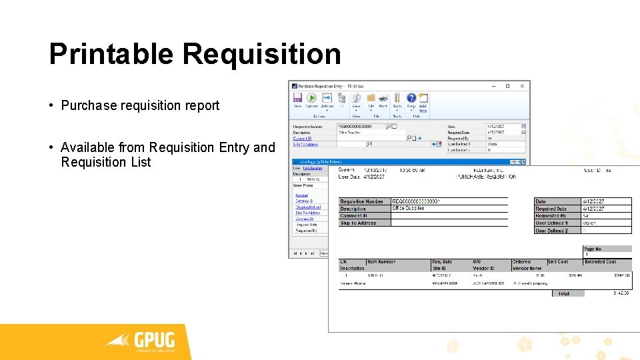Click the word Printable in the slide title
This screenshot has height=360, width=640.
111,54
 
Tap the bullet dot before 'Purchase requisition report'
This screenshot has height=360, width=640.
51,105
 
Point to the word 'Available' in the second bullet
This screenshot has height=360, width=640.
87,147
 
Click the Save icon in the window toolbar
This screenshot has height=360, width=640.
297,99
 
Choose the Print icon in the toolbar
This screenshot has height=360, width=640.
383,99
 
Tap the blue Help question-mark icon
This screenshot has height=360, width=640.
411,99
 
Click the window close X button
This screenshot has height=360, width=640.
522,86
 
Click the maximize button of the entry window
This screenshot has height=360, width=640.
507,86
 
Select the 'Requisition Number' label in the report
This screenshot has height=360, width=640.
362,201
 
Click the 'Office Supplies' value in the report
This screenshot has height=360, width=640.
408,209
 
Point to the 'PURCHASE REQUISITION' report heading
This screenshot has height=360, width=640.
485,177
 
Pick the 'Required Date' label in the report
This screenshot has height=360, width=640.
551,209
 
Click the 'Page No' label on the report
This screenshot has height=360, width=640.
593,249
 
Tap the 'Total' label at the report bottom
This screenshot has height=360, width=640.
564,293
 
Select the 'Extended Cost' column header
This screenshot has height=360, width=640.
601,262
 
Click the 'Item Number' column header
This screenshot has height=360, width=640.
381,262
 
